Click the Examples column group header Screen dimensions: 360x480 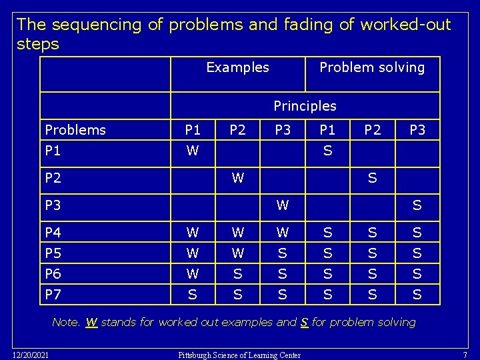coord(237,67)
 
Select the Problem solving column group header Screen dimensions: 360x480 coord(371,67)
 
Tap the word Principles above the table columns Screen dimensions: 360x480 coord(305,106)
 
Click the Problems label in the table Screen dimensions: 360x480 coord(75,130)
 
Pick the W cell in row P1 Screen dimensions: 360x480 coord(193,151)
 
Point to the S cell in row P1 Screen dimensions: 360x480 coord(327,151)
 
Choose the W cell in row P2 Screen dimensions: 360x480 coord(237,178)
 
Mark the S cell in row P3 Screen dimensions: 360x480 coord(417,205)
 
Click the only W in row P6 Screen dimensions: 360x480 coord(193,273)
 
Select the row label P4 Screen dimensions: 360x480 coord(53,233)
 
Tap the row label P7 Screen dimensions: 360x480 coord(53,294)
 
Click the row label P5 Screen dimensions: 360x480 coord(53,253)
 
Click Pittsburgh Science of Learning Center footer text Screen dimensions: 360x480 coord(239,355)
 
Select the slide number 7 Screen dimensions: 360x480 coord(465,354)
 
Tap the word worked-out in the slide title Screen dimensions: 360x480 coord(405,25)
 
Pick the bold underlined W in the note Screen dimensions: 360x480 coord(91,323)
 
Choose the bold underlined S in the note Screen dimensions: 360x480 coord(304,323)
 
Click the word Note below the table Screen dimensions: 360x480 coord(65,323)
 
